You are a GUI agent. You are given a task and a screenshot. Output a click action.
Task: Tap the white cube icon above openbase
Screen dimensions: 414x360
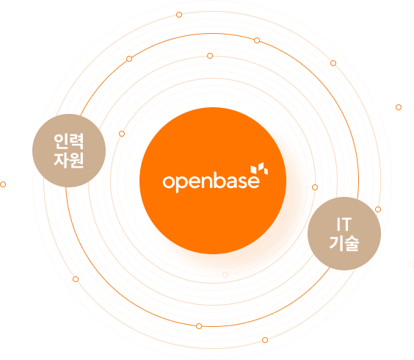(x=259, y=169)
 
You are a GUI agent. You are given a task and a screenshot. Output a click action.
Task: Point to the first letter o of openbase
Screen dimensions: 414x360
(x=168, y=182)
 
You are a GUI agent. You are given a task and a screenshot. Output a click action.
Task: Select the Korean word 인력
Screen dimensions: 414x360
(x=69, y=141)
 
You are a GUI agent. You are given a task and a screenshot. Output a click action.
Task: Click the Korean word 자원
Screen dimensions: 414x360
(x=69, y=160)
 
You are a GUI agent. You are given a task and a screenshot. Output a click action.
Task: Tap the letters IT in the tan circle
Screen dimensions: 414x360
(x=344, y=224)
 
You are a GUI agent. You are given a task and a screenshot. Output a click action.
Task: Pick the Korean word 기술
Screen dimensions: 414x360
(x=344, y=243)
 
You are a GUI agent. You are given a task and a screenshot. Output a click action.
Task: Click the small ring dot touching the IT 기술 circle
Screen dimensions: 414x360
(x=378, y=209)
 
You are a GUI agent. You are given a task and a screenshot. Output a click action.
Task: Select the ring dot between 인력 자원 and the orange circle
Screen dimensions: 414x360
(x=122, y=134)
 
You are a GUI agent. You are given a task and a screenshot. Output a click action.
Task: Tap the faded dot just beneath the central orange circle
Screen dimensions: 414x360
(x=225, y=275)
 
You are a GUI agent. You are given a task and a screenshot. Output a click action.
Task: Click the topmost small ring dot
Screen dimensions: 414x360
(x=179, y=15)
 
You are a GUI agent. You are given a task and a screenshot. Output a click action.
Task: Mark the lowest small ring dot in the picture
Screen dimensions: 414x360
(x=265, y=340)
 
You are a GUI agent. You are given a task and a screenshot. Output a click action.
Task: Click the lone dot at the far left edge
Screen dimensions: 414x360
(x=3, y=184)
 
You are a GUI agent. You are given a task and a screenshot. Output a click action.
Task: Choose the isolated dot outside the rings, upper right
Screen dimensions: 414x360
(x=399, y=107)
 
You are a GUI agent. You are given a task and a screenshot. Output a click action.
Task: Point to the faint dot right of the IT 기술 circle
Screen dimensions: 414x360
(x=411, y=264)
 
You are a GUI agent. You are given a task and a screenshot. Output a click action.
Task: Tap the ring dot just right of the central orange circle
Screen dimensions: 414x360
(x=315, y=187)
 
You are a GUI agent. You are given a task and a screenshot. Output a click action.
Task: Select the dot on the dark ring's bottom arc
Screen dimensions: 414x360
(x=199, y=326)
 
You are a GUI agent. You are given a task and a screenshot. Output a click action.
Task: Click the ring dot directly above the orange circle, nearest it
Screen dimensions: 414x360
(x=210, y=56)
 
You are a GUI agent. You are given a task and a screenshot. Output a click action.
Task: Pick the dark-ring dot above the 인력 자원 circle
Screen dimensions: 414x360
(x=129, y=59)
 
